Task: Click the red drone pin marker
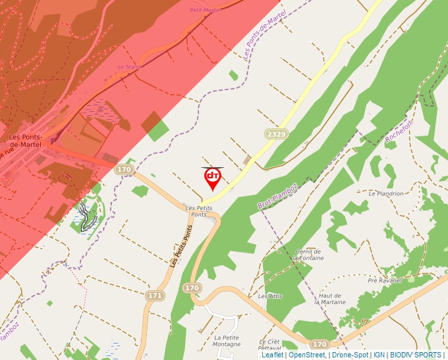(212, 178)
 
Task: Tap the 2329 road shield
(277, 134)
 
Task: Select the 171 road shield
(155, 296)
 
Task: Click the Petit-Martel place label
(205, 10)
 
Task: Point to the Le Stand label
(129, 67)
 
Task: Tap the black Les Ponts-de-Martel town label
(25, 141)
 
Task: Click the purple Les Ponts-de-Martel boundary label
(265, 36)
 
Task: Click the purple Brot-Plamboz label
(278, 196)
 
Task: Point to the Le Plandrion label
(386, 194)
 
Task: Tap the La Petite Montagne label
(227, 341)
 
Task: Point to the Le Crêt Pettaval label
(270, 345)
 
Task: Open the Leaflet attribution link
(272, 355)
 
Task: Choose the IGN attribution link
(379, 355)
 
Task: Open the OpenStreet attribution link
(307, 355)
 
